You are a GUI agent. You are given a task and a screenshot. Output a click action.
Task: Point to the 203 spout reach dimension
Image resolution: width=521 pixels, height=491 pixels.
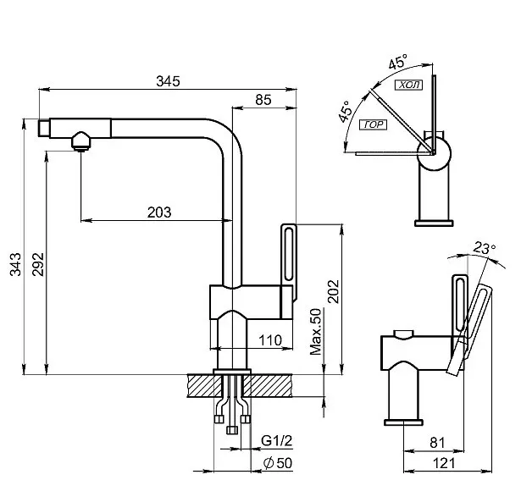[159, 212]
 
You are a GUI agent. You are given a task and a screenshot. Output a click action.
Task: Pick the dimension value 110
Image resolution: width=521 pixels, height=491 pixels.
[269, 340]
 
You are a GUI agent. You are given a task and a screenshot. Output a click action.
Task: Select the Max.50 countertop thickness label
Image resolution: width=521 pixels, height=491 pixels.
[316, 332]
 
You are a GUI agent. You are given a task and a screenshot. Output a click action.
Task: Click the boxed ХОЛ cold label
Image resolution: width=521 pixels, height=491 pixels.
[411, 86]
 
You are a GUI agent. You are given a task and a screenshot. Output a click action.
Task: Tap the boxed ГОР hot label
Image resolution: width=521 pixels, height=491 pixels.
[373, 125]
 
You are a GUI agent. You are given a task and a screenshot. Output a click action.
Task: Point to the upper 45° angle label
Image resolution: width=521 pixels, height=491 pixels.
[397, 63]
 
